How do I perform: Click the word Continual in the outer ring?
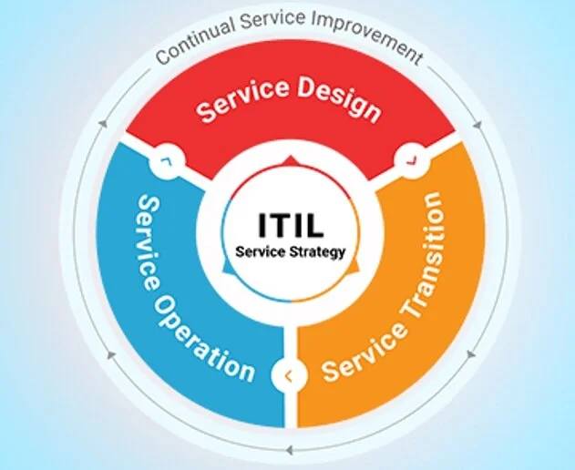(195, 40)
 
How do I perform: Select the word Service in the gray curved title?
(272, 20)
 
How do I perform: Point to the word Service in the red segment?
(242, 100)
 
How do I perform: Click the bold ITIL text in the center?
(292, 225)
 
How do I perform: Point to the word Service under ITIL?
(261, 252)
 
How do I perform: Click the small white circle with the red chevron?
(412, 159)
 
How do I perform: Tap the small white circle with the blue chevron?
(168, 161)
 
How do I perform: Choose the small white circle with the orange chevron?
(289, 376)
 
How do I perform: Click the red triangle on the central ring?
(291, 160)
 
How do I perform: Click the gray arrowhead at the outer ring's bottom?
(290, 450)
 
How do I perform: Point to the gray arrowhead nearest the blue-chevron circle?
(104, 123)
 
